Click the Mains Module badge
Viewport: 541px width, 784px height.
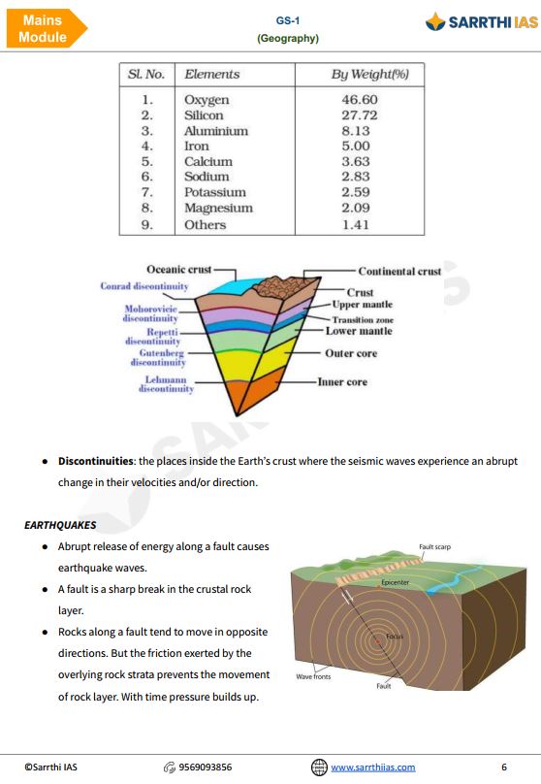(45, 29)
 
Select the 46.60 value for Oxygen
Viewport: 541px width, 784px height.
(359, 100)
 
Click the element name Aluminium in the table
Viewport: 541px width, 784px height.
(215, 131)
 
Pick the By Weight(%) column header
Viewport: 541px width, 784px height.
(370, 74)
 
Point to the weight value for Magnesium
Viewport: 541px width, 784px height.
(359, 208)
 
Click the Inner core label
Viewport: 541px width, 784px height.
(342, 382)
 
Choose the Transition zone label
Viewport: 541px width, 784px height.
(362, 319)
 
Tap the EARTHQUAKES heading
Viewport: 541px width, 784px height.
(60, 525)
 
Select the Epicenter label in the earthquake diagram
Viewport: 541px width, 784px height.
(396, 582)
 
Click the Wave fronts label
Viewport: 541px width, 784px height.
(315, 675)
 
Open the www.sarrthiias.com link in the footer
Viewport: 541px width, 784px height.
(372, 767)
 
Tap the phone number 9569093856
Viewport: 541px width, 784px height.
(205, 767)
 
